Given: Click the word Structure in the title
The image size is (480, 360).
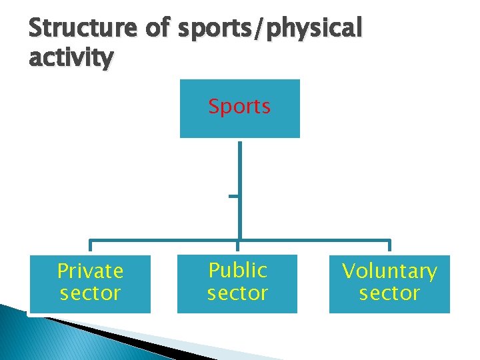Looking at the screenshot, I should (x=81, y=29).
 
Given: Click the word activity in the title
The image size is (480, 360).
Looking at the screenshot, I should (x=71, y=58).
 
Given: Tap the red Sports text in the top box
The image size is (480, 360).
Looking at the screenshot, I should (x=239, y=107).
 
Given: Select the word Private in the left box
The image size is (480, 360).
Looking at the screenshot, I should (x=90, y=271).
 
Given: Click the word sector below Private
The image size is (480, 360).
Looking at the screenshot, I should (x=90, y=293).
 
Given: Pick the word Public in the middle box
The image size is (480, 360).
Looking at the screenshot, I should (x=237, y=270).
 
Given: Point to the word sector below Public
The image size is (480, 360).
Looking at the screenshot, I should (x=237, y=293).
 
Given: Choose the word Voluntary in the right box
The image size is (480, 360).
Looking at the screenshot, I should (x=389, y=271).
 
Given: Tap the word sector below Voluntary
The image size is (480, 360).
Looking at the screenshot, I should (x=389, y=293).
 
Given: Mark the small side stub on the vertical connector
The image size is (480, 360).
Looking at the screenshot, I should (x=233, y=196).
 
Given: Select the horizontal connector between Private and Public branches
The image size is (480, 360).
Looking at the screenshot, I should (x=163, y=241).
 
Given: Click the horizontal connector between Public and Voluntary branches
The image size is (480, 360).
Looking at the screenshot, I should (x=313, y=241).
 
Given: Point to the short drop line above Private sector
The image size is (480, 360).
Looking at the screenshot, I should (x=90, y=247).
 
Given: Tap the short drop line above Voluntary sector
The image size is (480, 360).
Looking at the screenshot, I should (x=389, y=247).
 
